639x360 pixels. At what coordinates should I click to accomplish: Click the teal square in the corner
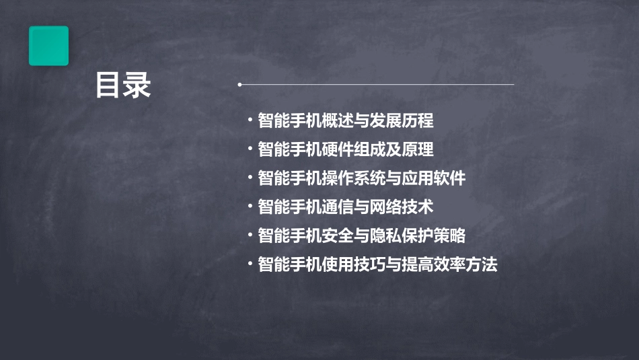pyautogui.click(x=48, y=46)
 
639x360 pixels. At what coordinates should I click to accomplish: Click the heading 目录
pyautogui.click(x=123, y=85)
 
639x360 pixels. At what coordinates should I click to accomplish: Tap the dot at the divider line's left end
pyautogui.click(x=239, y=85)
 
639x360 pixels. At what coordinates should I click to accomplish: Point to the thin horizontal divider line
pyautogui.click(x=377, y=85)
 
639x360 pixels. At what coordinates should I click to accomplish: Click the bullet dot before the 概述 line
pyautogui.click(x=250, y=121)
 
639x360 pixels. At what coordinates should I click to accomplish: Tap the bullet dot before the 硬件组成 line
pyautogui.click(x=250, y=149)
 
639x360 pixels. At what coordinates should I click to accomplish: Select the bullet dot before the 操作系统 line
pyautogui.click(x=250, y=178)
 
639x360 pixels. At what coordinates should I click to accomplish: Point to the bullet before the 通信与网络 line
pyautogui.click(x=250, y=207)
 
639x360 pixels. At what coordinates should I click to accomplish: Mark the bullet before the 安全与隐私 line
pyautogui.click(x=250, y=236)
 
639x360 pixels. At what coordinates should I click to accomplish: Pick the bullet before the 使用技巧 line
pyautogui.click(x=250, y=264)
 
